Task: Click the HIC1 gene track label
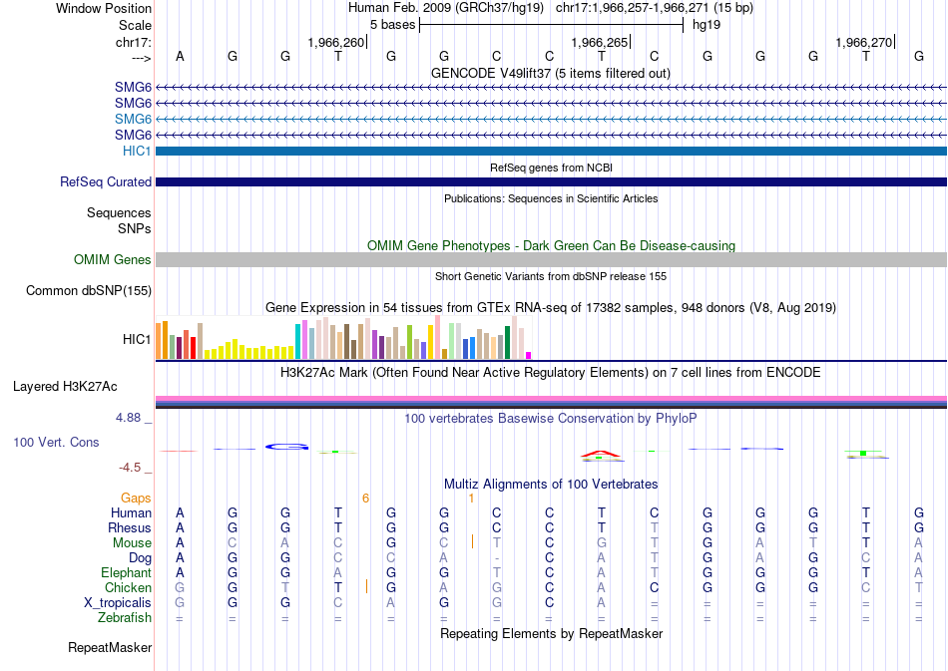[x=138, y=151]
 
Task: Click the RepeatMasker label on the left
[x=110, y=648]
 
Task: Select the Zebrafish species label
[x=125, y=617]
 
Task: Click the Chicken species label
[x=128, y=587]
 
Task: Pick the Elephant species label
[x=126, y=572]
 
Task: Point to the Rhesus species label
[x=130, y=527]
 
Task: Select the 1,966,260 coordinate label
[x=336, y=42]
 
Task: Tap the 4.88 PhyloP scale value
[x=133, y=418]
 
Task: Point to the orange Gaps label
[x=136, y=498]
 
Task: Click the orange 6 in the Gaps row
[x=365, y=498]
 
